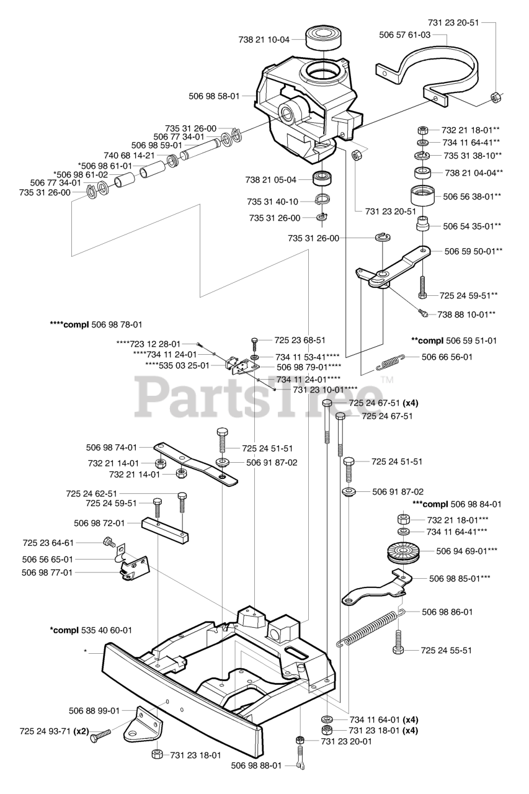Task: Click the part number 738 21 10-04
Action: [264, 40]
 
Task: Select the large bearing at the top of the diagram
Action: [324, 39]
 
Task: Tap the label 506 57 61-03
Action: [404, 35]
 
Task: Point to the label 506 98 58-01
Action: [214, 96]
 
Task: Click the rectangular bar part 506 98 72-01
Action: [165, 530]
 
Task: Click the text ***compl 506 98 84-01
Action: [457, 504]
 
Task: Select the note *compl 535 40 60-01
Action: [91, 630]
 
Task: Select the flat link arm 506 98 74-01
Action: [195, 463]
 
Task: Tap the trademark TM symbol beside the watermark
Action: [387, 381]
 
